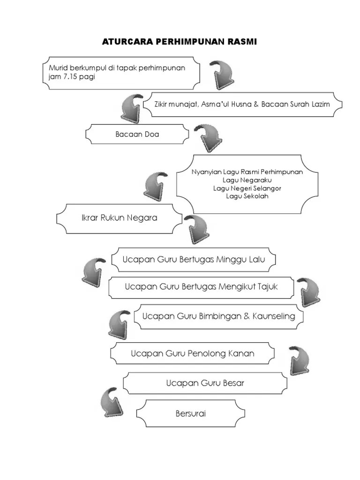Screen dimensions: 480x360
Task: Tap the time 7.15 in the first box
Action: (x=68, y=77)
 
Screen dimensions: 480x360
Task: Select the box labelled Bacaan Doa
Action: (x=137, y=135)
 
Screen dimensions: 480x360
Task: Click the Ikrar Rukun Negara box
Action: (x=119, y=218)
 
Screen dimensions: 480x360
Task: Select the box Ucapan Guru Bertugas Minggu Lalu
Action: (x=193, y=260)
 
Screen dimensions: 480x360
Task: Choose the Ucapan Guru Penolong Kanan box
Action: (x=192, y=353)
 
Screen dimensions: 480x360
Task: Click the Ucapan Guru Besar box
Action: (x=205, y=383)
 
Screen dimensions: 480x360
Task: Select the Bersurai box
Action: (x=190, y=413)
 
